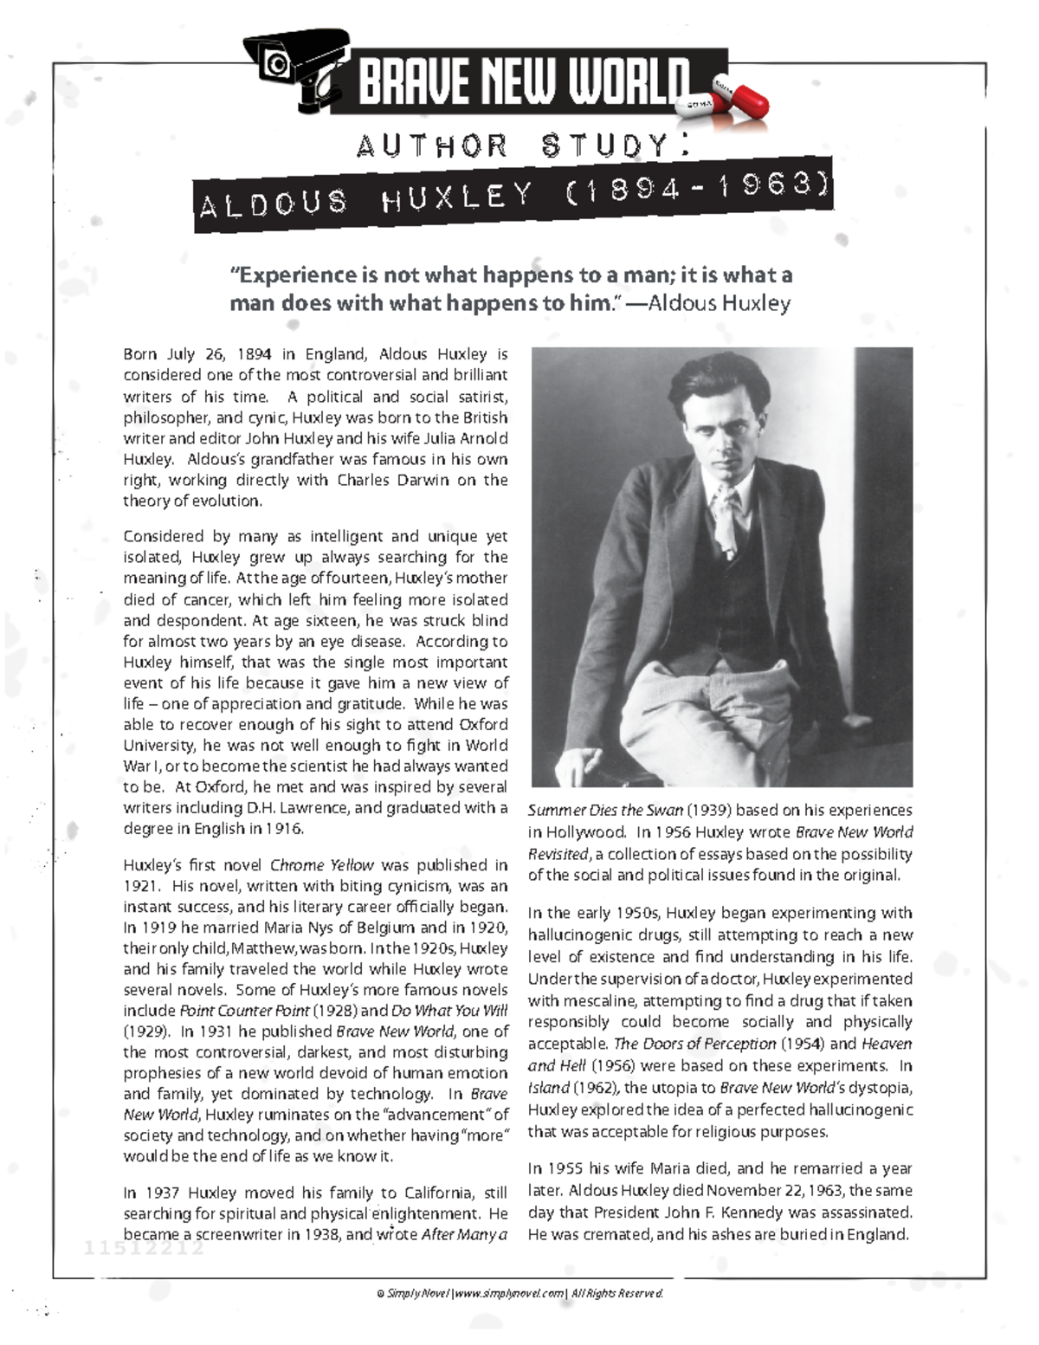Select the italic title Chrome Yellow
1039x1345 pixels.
[x=321, y=865]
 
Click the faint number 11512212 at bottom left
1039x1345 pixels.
[x=144, y=1249]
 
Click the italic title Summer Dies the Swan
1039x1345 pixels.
[x=605, y=811]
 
